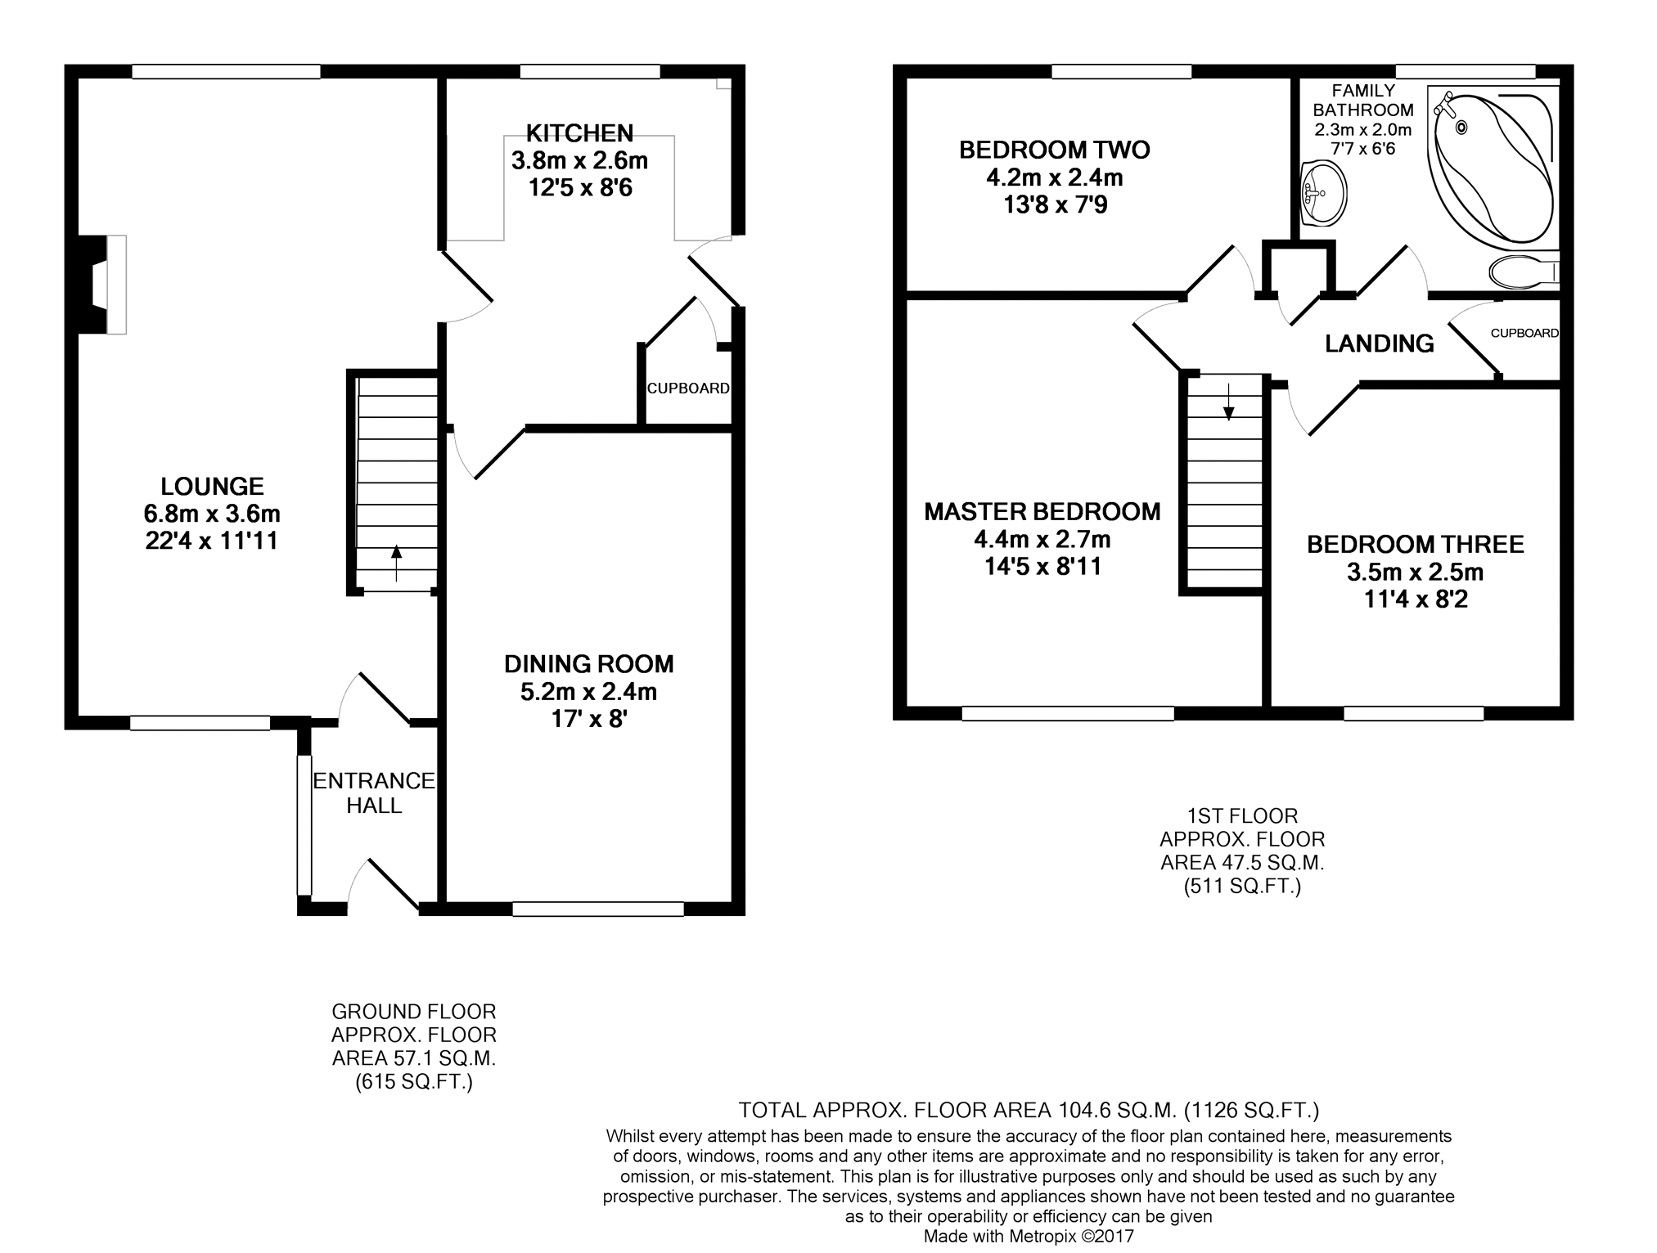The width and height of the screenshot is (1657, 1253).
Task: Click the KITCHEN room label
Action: (579, 132)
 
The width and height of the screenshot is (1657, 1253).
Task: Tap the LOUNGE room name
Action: (212, 487)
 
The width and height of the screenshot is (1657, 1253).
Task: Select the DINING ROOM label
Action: (589, 664)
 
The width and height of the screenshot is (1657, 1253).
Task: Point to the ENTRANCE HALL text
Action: (374, 793)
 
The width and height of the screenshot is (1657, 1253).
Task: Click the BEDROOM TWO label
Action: (1055, 150)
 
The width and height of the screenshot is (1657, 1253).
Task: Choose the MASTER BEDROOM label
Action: (1042, 512)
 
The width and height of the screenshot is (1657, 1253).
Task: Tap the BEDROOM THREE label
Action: (1416, 545)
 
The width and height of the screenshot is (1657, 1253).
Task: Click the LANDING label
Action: (1380, 344)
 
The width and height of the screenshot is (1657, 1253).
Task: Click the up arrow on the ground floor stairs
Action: (396, 563)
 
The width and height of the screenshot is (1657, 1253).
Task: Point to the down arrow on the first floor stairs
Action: (1228, 402)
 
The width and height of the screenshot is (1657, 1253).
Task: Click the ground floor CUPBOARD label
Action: (688, 388)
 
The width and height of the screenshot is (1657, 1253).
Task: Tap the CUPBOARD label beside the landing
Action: (1524, 334)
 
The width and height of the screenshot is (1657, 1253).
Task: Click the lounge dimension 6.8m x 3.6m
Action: (212, 514)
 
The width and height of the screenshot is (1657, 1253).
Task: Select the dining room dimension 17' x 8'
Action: (589, 719)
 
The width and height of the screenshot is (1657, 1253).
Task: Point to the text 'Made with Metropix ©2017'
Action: (1029, 1236)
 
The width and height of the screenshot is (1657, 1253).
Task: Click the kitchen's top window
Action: (590, 72)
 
